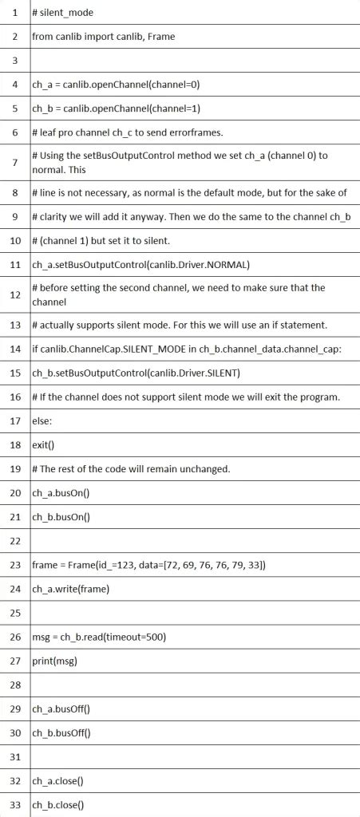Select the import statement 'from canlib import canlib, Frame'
click(103, 37)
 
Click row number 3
click(15, 60)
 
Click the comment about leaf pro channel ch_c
click(128, 132)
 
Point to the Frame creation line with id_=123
click(148, 565)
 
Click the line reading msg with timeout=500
click(98, 637)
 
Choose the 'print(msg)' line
click(54, 661)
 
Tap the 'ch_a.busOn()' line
click(61, 492)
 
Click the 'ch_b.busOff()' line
click(61, 732)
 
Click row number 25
click(15, 613)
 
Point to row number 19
click(15, 468)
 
